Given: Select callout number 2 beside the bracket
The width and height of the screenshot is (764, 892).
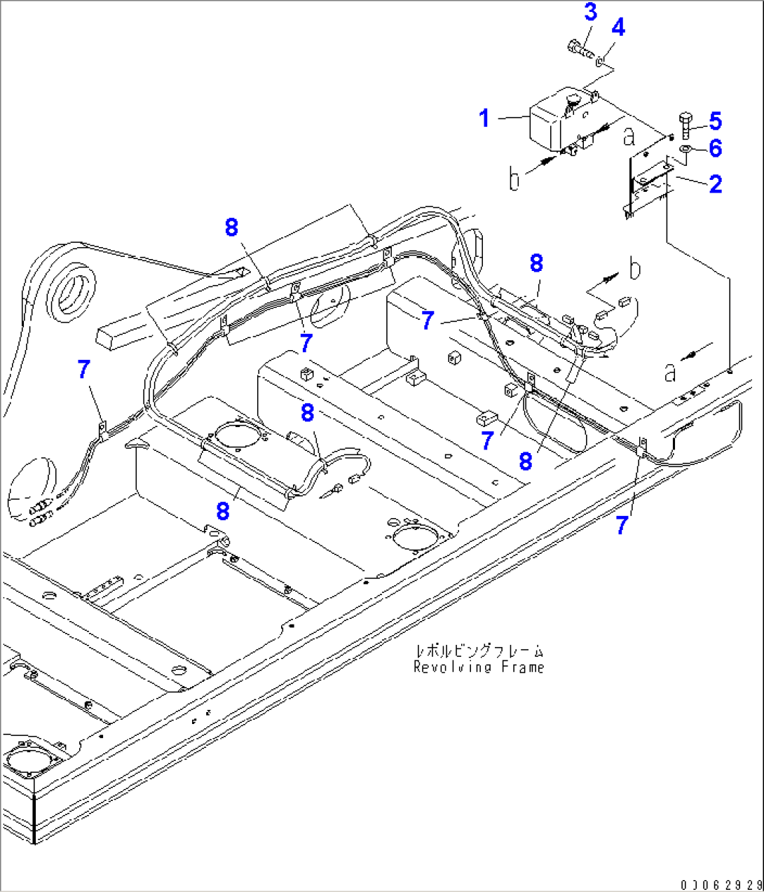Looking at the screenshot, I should pyautogui.click(x=715, y=184).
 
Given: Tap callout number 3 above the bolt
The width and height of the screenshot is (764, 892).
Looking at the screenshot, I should pyautogui.click(x=590, y=12).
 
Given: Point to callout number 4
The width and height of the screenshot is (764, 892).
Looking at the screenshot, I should pyautogui.click(x=618, y=27).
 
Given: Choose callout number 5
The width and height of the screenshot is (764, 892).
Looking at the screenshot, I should pyautogui.click(x=715, y=121).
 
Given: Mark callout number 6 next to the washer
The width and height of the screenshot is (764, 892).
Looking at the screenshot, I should pyautogui.click(x=715, y=148).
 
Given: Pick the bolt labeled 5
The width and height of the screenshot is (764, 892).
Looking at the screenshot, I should pyautogui.click(x=685, y=126).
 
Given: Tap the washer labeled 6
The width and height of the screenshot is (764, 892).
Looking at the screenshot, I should pyautogui.click(x=685, y=149).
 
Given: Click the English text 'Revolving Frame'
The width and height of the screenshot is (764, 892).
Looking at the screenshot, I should pyautogui.click(x=479, y=667).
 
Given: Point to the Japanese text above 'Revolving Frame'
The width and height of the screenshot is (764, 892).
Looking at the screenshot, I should pyautogui.click(x=479, y=651).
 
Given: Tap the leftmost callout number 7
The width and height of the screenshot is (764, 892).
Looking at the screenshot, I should pyautogui.click(x=84, y=369).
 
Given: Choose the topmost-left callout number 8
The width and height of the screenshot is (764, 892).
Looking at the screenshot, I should pyautogui.click(x=231, y=228).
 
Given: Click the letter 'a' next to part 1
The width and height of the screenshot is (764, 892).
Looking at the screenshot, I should pyautogui.click(x=629, y=136).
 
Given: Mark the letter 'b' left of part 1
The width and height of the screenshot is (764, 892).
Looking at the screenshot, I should pyautogui.click(x=514, y=179).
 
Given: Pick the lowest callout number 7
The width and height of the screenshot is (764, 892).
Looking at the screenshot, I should pyautogui.click(x=622, y=524).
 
